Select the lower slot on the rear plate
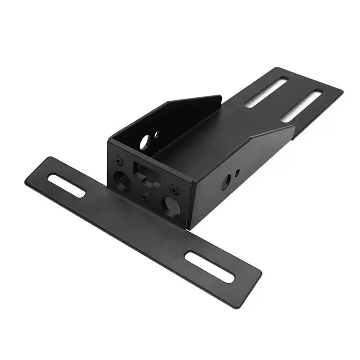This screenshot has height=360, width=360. pyautogui.click(x=301, y=106)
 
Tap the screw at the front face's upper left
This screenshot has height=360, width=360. pyautogui.click(x=118, y=159)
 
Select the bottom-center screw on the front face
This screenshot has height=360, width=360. pyautogui.click(x=145, y=196)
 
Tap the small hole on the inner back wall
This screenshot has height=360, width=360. pyautogui.click(x=156, y=134)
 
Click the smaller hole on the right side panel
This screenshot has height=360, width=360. pyautogui.click(x=237, y=171)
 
